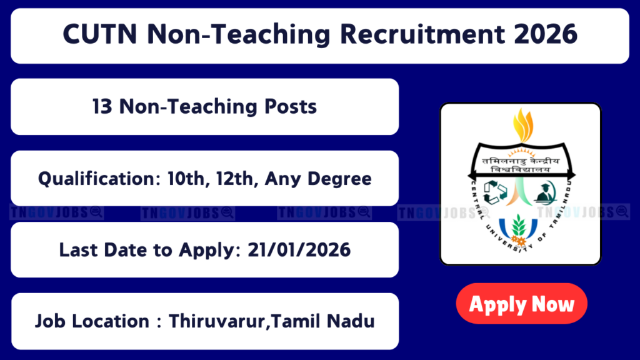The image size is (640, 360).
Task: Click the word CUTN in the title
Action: click(x=100, y=34)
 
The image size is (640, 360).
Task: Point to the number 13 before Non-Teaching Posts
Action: click(x=102, y=107)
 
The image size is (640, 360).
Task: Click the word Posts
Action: click(x=291, y=107)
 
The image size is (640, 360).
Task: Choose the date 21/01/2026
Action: click(x=299, y=250)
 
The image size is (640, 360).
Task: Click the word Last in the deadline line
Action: click(x=76, y=250)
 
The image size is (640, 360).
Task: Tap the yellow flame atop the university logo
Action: click(x=523, y=125)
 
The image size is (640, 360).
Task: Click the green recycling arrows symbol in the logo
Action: click(x=495, y=192)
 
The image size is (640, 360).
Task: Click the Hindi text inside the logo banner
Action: click(x=521, y=164)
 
